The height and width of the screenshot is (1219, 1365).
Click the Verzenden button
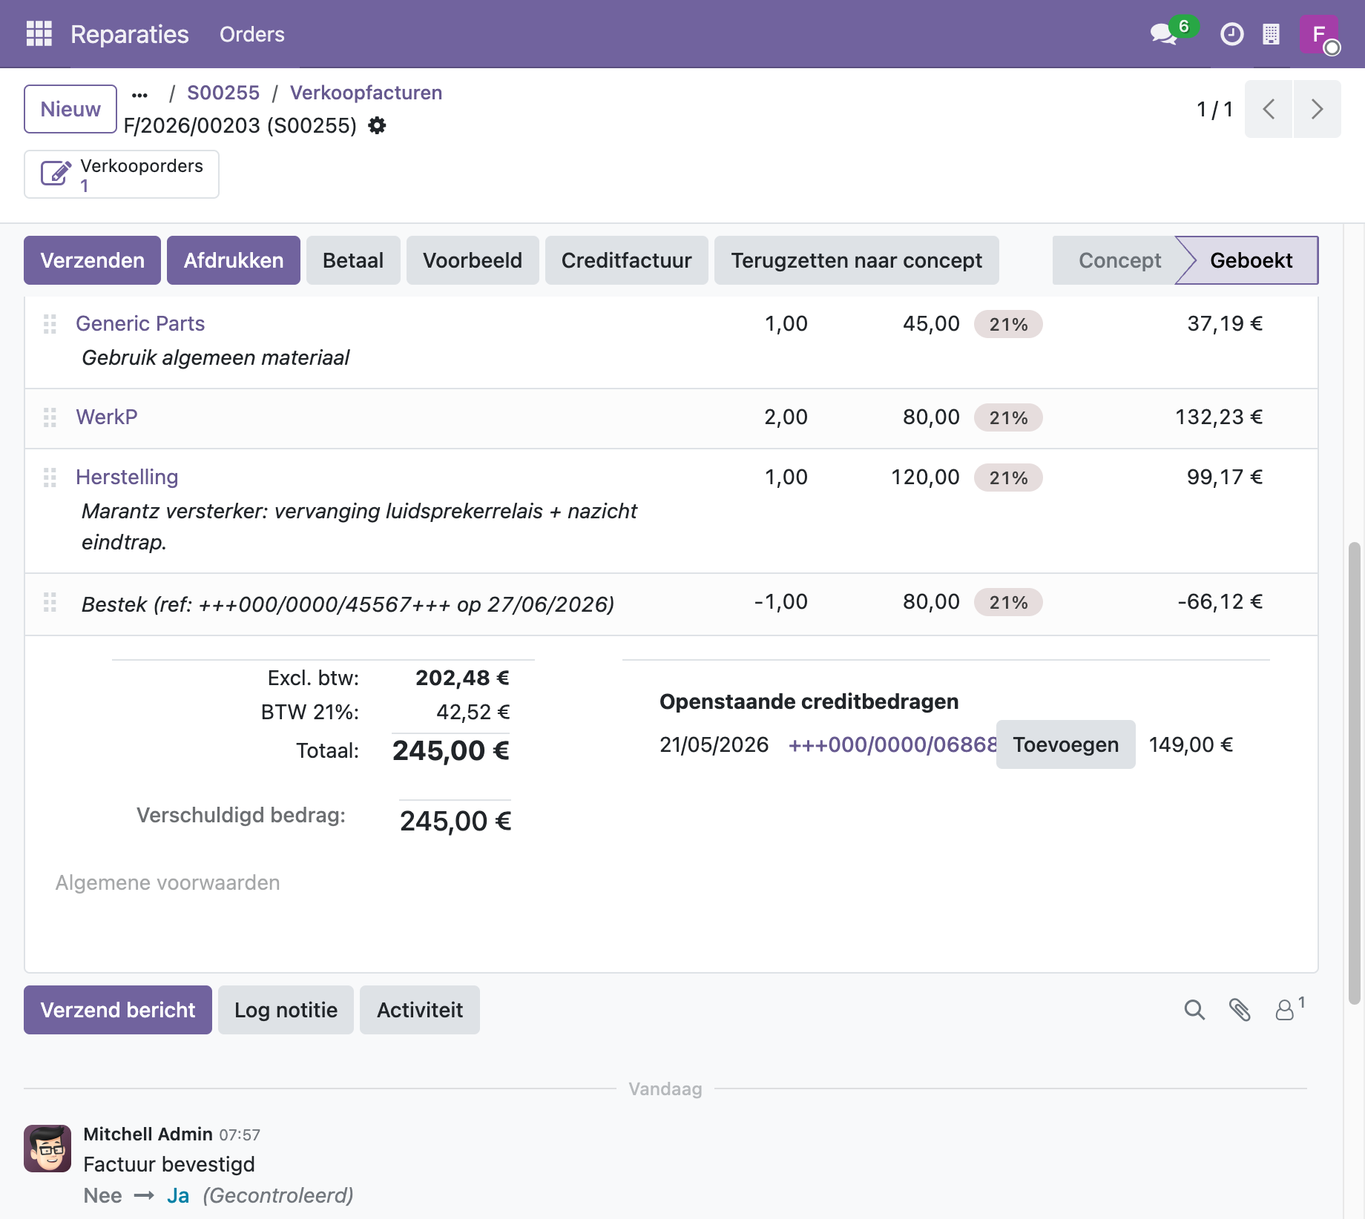pyautogui.click(x=92, y=260)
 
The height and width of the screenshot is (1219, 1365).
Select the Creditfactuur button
pyautogui.click(x=626, y=260)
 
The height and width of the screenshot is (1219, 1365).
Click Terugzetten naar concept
pyautogui.click(x=856, y=260)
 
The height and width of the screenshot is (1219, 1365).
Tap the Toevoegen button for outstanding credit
pyautogui.click(x=1065, y=744)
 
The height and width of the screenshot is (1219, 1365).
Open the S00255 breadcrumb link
pyautogui.click(x=223, y=93)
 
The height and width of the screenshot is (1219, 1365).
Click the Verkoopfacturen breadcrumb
pyautogui.click(x=366, y=93)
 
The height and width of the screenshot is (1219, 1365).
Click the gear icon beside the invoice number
pyautogui.click(x=377, y=125)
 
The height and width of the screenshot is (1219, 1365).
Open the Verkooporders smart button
pyautogui.click(x=122, y=174)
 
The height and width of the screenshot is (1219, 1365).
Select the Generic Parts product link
pyautogui.click(x=140, y=323)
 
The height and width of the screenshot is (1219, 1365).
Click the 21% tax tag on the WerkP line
pyautogui.click(x=1008, y=417)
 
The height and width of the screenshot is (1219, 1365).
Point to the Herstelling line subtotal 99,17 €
pyautogui.click(x=1224, y=477)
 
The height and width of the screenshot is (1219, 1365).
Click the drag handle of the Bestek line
pyautogui.click(x=50, y=602)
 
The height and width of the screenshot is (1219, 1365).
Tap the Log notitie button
pyautogui.click(x=286, y=1010)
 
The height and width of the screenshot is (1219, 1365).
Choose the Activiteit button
pyautogui.click(x=420, y=1010)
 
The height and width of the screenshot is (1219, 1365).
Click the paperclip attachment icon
pyautogui.click(x=1240, y=1010)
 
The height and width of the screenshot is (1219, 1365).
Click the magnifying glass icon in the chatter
pyautogui.click(x=1194, y=1010)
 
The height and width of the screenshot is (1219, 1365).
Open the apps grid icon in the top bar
pyautogui.click(x=39, y=34)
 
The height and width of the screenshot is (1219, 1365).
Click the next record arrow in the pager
pyautogui.click(x=1317, y=109)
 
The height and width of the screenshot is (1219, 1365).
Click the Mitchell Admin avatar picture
pyautogui.click(x=47, y=1149)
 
